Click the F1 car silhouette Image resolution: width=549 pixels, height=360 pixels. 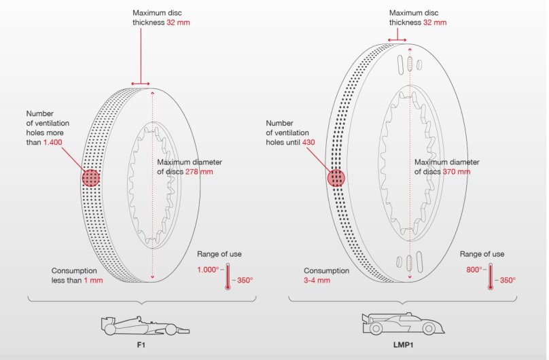(x=145, y=326)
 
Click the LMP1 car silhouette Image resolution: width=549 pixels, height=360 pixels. (x=404, y=323)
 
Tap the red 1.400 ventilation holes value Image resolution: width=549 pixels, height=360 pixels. (x=52, y=143)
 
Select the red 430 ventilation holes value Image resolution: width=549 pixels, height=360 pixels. (x=308, y=143)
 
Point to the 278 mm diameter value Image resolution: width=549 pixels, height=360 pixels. (x=199, y=172)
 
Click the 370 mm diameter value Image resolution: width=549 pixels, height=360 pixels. (x=457, y=172)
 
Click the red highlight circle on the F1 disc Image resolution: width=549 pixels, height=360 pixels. (x=91, y=178)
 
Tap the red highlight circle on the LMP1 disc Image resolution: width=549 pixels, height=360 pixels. (x=336, y=178)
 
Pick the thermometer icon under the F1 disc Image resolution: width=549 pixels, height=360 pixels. (x=228, y=276)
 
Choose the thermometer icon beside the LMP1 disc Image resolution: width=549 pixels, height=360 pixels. (x=491, y=276)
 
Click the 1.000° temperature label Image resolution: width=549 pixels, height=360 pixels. (x=208, y=270)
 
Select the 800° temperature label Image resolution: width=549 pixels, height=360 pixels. (x=474, y=270)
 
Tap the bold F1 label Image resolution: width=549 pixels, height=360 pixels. (x=141, y=345)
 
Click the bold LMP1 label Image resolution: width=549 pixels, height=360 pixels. (x=403, y=345)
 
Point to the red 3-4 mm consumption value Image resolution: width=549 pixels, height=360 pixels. (x=317, y=281)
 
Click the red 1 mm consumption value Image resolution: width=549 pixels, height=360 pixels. (x=93, y=281)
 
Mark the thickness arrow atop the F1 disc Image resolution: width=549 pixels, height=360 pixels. (x=141, y=84)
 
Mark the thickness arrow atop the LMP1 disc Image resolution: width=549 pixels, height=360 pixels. (x=397, y=40)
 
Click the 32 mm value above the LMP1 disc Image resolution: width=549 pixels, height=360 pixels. (x=435, y=22)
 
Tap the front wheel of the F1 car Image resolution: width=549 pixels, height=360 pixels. (x=171, y=329)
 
